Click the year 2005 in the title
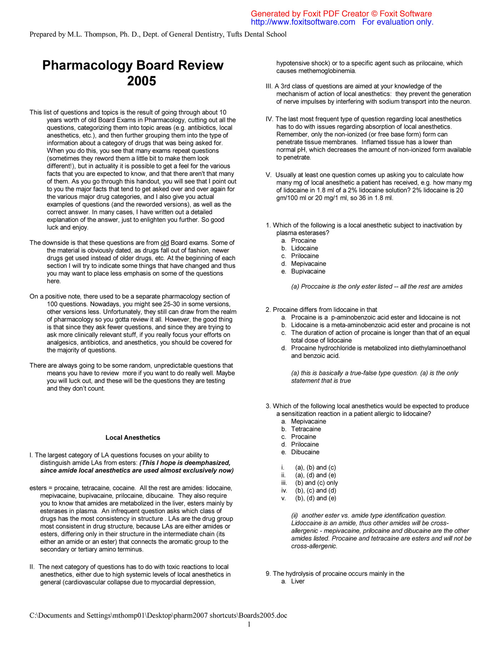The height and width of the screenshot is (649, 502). (x=141, y=81)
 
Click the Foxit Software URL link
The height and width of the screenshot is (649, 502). (x=303, y=22)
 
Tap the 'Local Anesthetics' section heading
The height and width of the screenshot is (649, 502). (x=133, y=438)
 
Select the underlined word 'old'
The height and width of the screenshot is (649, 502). (x=165, y=243)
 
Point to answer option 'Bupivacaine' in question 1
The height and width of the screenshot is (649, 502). (x=308, y=272)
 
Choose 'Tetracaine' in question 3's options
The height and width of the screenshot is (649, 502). (x=306, y=429)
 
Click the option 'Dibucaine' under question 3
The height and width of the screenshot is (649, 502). (x=305, y=452)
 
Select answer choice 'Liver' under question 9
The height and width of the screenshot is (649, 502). (x=298, y=582)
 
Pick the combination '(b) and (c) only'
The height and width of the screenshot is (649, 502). (x=316, y=483)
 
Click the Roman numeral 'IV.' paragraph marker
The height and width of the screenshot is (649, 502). (x=270, y=119)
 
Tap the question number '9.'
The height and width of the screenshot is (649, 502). (x=268, y=574)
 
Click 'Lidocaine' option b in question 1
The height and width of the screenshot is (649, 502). (x=304, y=248)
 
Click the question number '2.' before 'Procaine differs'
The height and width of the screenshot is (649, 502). (x=268, y=310)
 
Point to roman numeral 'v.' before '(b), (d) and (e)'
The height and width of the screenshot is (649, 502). (x=283, y=498)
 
